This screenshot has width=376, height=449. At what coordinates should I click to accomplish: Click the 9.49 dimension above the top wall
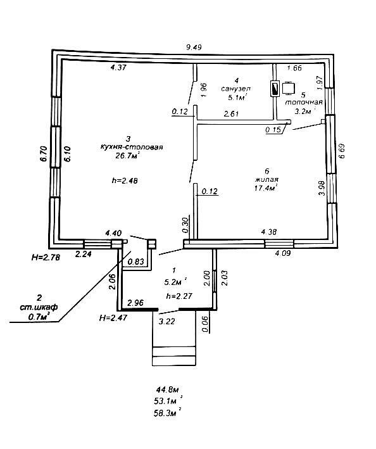click(194, 47)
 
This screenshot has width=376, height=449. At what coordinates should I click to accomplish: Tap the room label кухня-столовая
click(132, 147)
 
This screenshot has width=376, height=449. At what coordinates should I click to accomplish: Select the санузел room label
click(235, 89)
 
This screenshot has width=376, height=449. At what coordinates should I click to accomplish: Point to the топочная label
click(304, 102)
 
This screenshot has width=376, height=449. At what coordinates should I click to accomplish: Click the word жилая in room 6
click(267, 180)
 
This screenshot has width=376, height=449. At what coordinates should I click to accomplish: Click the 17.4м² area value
click(266, 188)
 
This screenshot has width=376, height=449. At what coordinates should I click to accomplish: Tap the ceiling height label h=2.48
click(125, 180)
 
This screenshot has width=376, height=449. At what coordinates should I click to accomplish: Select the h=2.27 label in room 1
click(179, 296)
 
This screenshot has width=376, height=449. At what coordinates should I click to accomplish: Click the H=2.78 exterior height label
click(46, 257)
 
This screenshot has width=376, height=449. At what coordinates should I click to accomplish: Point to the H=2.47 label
click(113, 317)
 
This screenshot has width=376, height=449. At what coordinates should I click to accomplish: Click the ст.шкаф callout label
click(39, 307)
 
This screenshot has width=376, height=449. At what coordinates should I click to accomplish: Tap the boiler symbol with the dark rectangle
click(275, 89)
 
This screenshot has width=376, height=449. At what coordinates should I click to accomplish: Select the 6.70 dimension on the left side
click(44, 154)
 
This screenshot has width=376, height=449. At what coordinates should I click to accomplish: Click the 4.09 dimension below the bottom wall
click(283, 253)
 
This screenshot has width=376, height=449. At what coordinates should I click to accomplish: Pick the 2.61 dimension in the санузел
click(232, 114)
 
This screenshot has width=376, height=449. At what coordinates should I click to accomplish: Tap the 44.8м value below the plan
click(168, 389)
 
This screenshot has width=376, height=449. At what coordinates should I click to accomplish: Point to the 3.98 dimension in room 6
click(322, 187)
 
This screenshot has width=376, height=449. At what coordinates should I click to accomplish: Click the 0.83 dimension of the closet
click(136, 262)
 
